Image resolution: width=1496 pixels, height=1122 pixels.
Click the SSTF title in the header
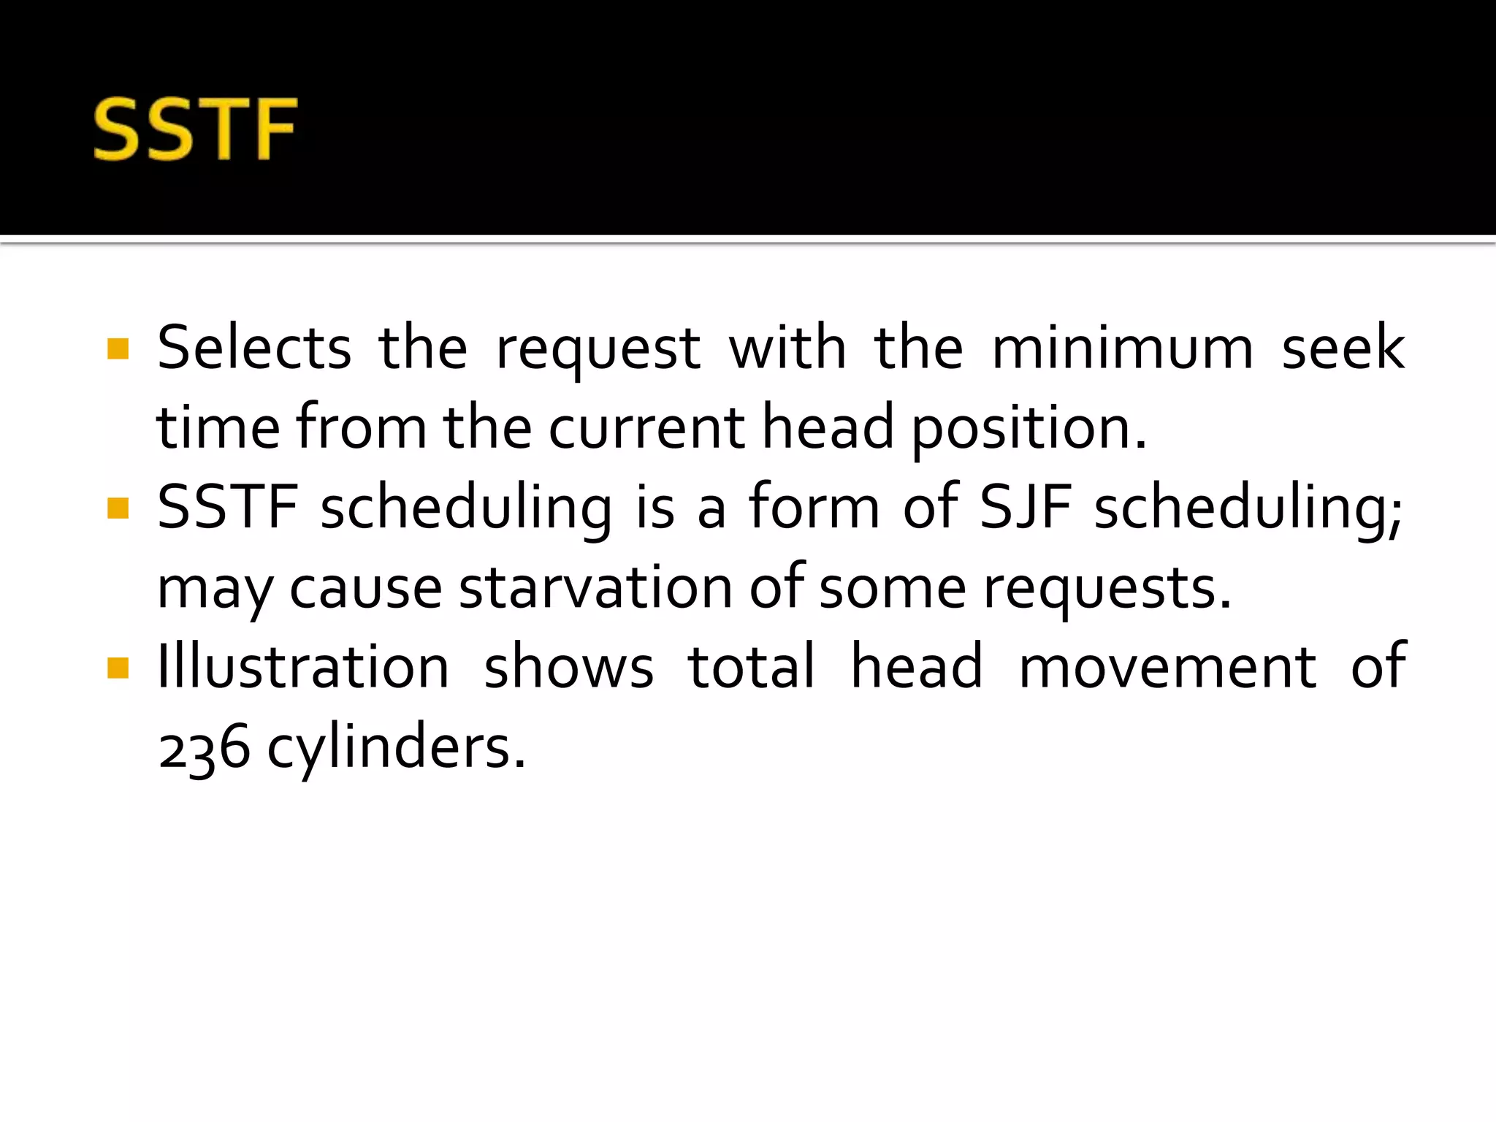[195, 129]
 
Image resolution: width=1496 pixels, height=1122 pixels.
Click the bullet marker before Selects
[118, 349]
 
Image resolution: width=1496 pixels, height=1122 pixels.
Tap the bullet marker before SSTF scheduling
[118, 508]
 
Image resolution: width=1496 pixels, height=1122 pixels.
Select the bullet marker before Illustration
[118, 668]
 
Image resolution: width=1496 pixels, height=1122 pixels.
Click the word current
[646, 427]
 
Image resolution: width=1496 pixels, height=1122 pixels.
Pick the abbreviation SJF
[1026, 508]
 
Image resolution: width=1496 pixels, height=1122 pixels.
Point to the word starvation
[595, 587]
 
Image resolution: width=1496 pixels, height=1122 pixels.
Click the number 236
[205, 748]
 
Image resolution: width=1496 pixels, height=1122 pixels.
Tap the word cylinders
[396, 748]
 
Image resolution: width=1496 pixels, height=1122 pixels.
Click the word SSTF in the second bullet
[228, 508]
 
